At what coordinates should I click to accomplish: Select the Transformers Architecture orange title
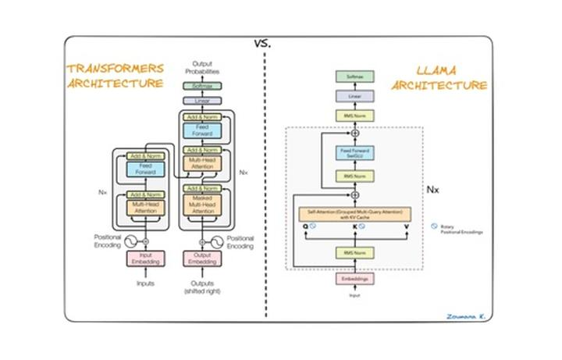tap(116, 77)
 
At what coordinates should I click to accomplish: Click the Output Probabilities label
tap(202, 69)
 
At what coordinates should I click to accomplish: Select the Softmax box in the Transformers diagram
tap(202, 86)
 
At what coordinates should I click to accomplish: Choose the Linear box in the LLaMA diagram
tap(354, 95)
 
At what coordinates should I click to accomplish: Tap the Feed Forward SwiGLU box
tap(354, 151)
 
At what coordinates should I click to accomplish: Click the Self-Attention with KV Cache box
tap(354, 212)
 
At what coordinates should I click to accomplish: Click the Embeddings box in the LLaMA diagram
tap(354, 279)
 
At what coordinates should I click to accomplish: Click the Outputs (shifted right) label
tap(202, 288)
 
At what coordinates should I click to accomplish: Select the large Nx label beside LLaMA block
tap(435, 190)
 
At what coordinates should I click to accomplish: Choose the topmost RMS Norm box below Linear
tap(354, 116)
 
